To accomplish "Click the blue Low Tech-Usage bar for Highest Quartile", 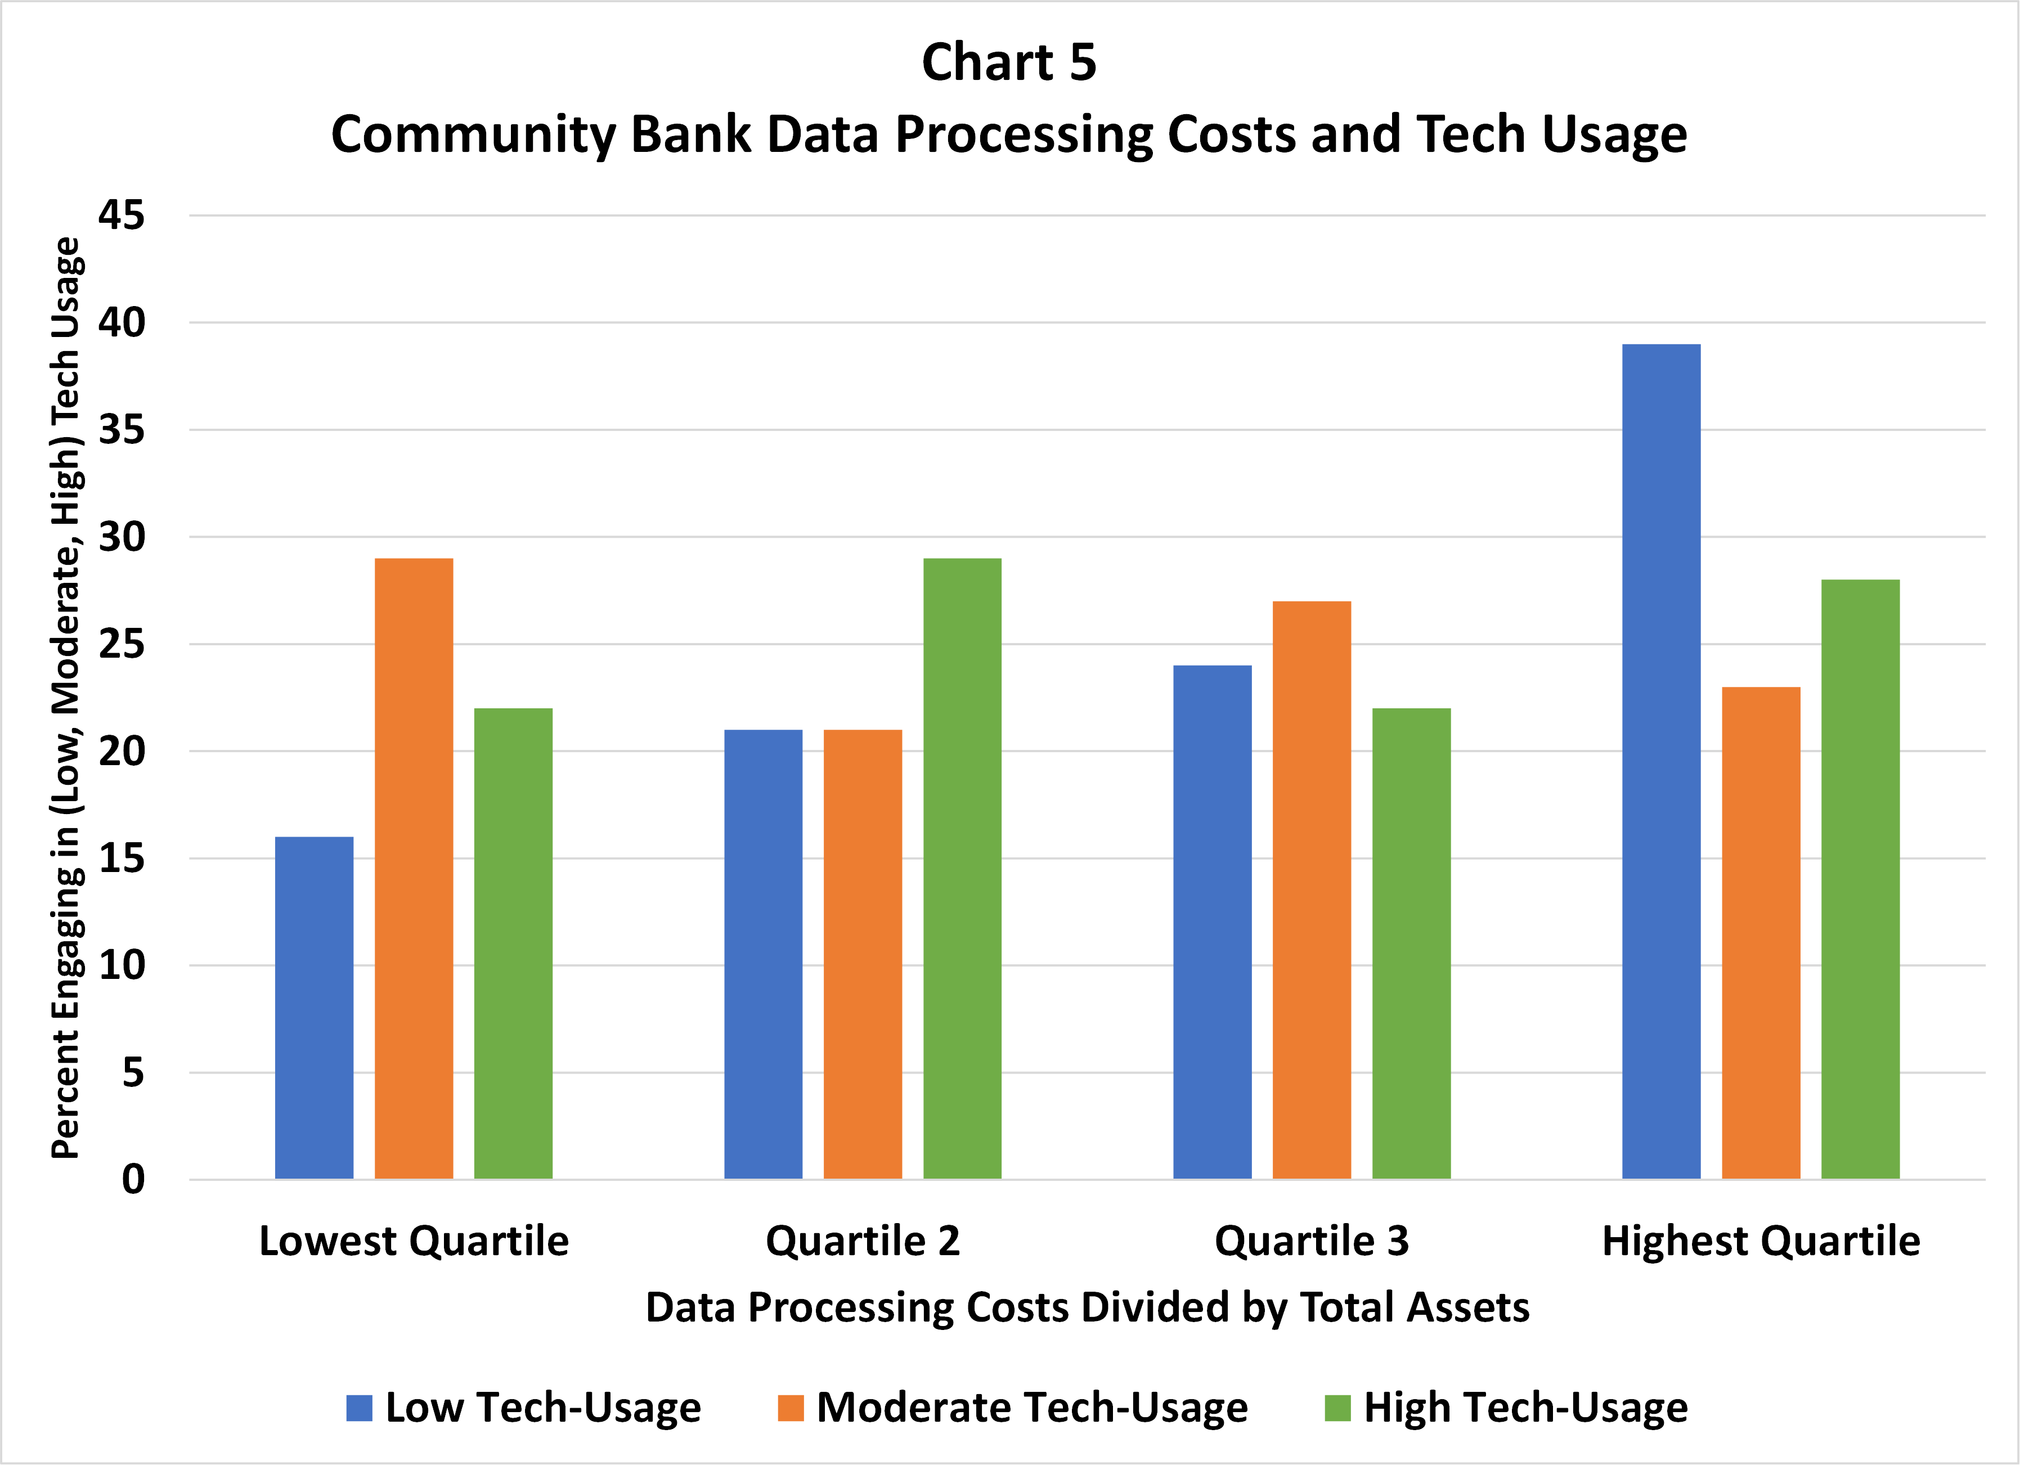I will (x=1661, y=761).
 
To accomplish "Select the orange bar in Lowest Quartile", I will (x=413, y=868).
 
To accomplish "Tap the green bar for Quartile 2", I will (x=962, y=868).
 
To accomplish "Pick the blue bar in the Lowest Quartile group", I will (x=313, y=1007).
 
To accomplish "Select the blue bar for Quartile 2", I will (x=762, y=954).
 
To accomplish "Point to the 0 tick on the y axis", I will (x=133, y=1179).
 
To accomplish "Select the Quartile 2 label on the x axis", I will (x=862, y=1241).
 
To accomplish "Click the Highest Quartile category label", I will (x=1761, y=1241).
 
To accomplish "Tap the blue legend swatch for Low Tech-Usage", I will (x=359, y=1408).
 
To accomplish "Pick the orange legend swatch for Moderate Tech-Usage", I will (x=790, y=1408).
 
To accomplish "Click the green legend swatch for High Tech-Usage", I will (x=1338, y=1408).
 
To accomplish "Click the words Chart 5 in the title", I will (x=1009, y=62).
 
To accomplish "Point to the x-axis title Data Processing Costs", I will (x=1087, y=1307).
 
